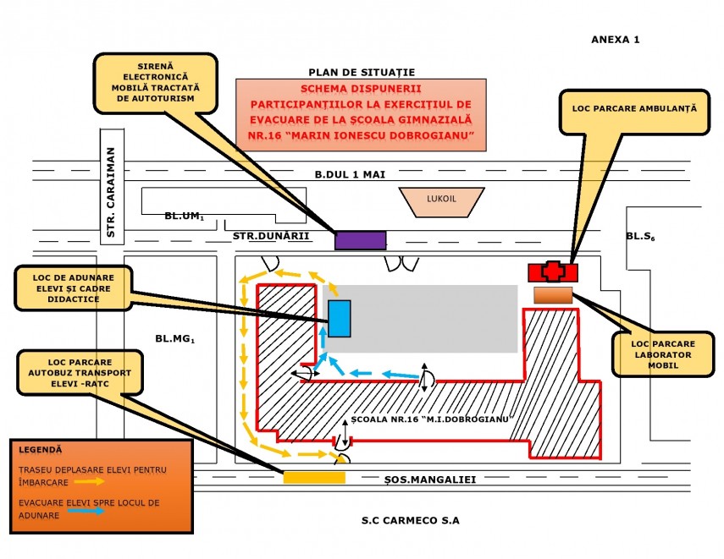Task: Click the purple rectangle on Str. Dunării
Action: [x=361, y=240]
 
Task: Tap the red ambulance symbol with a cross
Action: [x=553, y=271]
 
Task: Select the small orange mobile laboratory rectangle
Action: [x=553, y=294]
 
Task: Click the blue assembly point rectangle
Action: [x=340, y=318]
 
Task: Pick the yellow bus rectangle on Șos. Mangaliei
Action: [x=313, y=478]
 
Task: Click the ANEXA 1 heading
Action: [x=616, y=40]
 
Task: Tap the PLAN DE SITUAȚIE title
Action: [x=362, y=73]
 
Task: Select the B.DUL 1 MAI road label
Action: [x=350, y=174]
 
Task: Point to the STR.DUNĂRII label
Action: [x=271, y=238]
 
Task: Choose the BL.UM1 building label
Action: [x=185, y=217]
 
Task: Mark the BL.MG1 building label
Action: [x=175, y=340]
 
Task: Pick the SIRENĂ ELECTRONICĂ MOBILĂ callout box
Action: [x=156, y=82]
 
